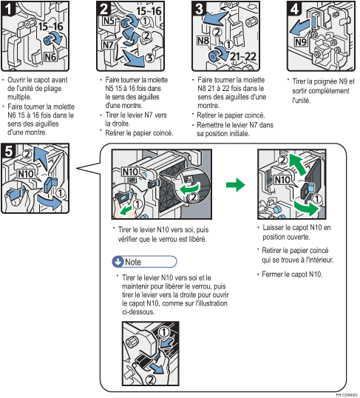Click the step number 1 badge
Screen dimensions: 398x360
click(10, 9)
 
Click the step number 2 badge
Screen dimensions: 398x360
click(103, 9)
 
